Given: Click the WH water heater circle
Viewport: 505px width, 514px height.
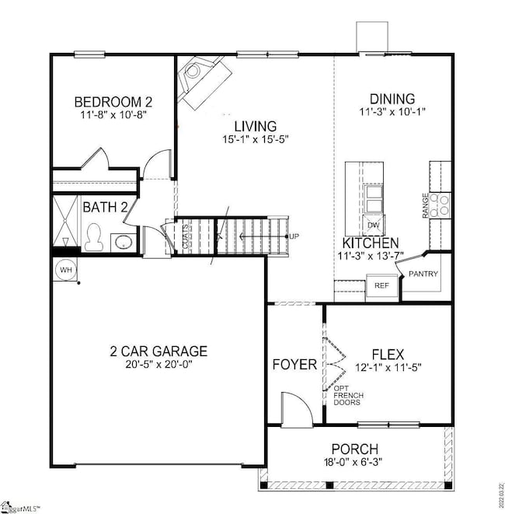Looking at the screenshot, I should coord(64,269).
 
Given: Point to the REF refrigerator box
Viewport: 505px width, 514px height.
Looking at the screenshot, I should coord(381,285).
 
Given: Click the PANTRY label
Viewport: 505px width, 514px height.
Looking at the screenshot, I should coord(425,274).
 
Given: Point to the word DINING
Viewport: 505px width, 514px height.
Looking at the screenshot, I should coord(392,99).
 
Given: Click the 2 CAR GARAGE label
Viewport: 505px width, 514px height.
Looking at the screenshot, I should coord(158,351).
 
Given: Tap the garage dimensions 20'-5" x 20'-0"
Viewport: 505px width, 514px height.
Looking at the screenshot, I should coord(158,365).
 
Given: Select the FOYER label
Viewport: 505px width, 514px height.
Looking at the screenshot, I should coord(294,364).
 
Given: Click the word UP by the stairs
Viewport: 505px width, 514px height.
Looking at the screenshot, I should coord(294,236).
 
